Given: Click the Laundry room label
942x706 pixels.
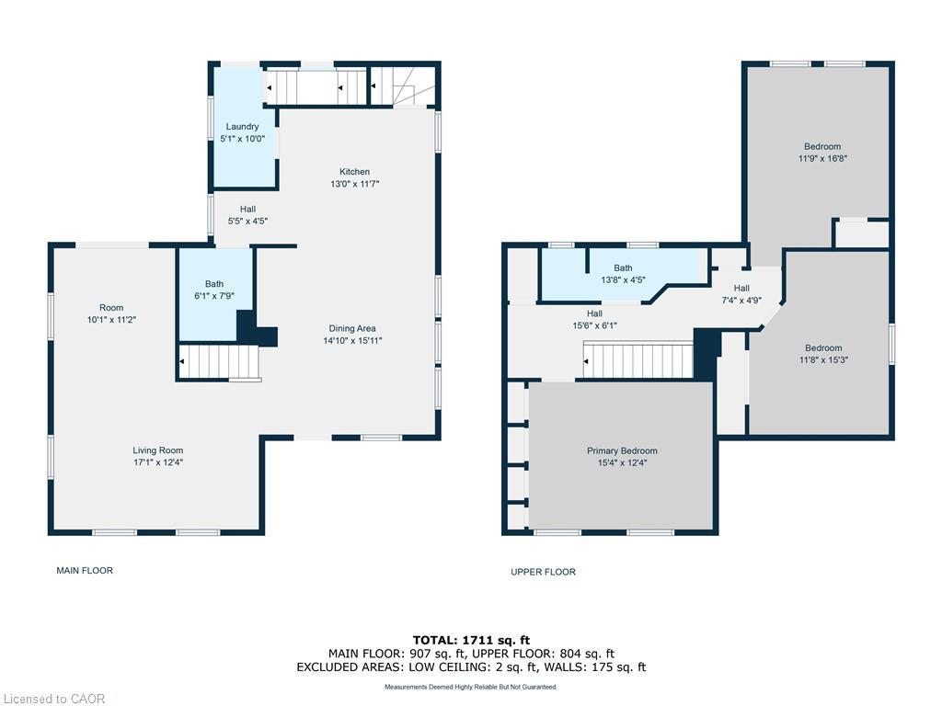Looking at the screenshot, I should click(x=242, y=127).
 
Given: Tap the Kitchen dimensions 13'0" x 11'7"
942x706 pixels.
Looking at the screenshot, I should click(x=354, y=184).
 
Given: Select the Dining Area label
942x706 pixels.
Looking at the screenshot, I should click(x=352, y=328).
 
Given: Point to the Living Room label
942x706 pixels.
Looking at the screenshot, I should click(x=157, y=450).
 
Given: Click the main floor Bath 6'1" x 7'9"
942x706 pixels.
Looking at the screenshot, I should click(x=214, y=290).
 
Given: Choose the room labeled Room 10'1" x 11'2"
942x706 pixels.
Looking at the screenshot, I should click(x=111, y=313).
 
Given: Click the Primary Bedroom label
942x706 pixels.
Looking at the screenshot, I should click(x=622, y=451).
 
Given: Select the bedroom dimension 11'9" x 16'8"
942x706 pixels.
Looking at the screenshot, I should click(x=822, y=158).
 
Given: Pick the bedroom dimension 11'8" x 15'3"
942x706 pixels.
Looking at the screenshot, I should click(x=822, y=359).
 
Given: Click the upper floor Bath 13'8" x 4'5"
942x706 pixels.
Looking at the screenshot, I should click(x=623, y=274).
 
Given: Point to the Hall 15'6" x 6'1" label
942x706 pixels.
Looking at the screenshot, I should click(x=594, y=319).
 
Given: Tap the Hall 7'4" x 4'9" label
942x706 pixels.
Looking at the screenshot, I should click(x=741, y=294).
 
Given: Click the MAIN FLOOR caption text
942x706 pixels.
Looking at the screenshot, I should click(x=85, y=571).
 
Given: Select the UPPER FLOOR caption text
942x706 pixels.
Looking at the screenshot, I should click(x=543, y=572).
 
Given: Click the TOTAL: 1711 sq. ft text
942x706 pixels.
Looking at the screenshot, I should click(x=470, y=640).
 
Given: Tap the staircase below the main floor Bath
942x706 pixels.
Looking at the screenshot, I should click(x=220, y=362).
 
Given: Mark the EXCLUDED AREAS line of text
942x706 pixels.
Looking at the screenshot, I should click(x=470, y=666).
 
